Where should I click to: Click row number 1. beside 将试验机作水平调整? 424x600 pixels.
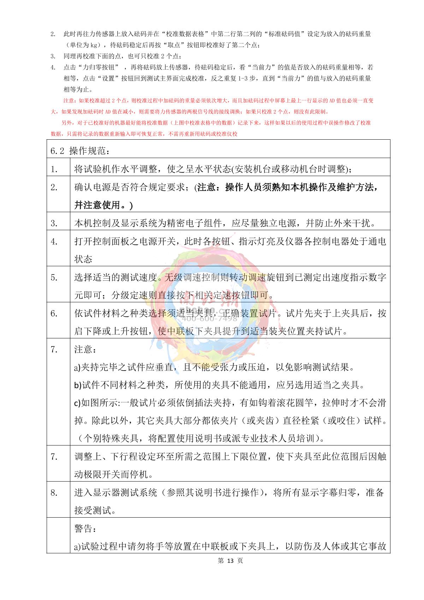tap(54, 169)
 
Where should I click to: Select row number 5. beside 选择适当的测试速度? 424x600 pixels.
tap(54, 278)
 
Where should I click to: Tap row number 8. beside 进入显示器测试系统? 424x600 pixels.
tap(54, 493)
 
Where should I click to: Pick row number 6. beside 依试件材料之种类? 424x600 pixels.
tap(54, 314)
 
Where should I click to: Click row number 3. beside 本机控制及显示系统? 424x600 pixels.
tap(54, 223)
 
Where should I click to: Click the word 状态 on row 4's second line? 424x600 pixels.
tap(83, 259)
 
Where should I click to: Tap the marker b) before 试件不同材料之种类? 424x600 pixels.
tap(78, 385)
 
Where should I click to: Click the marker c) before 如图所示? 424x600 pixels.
tap(78, 403)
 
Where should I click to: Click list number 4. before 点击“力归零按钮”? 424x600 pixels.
tap(53, 67)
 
